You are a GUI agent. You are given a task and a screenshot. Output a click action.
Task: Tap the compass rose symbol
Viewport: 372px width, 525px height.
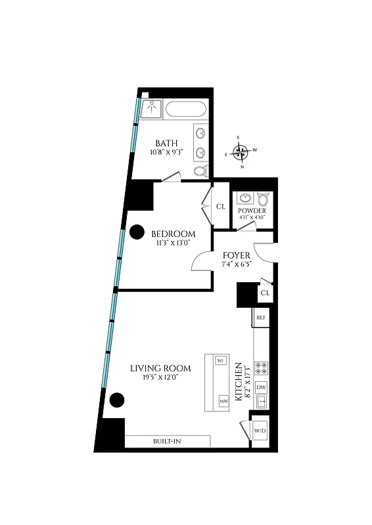[243, 153]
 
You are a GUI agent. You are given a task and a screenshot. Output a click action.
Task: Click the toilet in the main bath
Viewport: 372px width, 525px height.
[200, 171]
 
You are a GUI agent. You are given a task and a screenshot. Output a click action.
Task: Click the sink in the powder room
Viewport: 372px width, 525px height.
[246, 198]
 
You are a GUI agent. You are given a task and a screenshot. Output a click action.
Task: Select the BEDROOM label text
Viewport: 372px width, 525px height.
[174, 234]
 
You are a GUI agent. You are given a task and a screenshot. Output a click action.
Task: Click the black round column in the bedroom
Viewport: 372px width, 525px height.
[137, 232]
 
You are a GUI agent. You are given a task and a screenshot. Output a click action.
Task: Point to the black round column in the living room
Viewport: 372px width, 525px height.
[117, 400]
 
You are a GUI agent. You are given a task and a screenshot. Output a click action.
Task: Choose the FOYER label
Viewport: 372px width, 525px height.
[236, 255]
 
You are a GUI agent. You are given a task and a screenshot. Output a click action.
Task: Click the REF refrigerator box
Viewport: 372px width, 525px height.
[261, 318]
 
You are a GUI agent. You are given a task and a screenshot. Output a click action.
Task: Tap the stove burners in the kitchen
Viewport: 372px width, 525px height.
[261, 367]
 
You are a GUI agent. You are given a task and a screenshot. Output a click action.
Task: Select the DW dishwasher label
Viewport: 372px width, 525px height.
[261, 387]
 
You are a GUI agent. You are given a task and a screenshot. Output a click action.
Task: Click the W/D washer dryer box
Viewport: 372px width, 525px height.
[260, 430]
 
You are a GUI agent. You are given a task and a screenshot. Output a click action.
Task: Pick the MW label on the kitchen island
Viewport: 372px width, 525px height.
[222, 400]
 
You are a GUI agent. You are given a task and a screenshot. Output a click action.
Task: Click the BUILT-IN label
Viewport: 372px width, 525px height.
[167, 441]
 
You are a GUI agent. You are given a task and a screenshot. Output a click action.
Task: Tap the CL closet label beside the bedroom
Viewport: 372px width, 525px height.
[221, 206]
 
